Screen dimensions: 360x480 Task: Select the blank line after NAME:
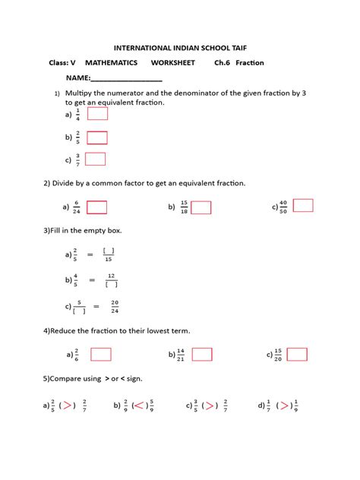[x=127, y=79]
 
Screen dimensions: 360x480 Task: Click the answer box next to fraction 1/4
[x=97, y=114]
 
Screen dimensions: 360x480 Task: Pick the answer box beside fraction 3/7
[x=96, y=159]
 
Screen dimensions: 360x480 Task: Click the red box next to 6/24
[x=96, y=207]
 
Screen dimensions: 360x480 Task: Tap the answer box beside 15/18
[x=201, y=207]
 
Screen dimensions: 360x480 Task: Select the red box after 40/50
[x=303, y=205]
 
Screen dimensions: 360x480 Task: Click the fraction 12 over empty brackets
[x=111, y=280]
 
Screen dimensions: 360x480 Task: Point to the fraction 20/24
[x=115, y=306]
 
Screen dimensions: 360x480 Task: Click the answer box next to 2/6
[x=101, y=354]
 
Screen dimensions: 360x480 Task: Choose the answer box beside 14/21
[x=202, y=354]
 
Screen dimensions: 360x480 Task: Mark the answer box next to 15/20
[x=297, y=354]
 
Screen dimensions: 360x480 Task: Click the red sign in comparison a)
[x=68, y=406]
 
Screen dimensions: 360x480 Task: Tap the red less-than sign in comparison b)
[x=140, y=406]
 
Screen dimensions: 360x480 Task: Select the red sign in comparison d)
[x=285, y=406]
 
